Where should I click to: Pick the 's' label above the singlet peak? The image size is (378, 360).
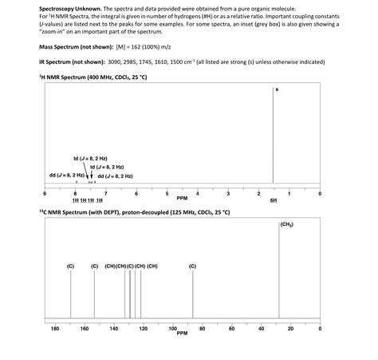(x=277, y=89)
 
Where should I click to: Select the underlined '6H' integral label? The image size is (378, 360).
(x=273, y=199)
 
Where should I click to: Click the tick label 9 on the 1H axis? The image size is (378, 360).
(x=45, y=193)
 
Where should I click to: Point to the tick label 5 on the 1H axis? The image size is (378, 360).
(x=167, y=193)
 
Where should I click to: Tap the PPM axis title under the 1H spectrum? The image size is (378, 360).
(x=182, y=198)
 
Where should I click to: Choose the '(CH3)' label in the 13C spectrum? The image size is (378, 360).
(x=287, y=226)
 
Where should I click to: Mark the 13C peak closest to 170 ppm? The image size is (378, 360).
(x=70, y=295)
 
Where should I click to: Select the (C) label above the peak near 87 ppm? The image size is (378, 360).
(x=192, y=265)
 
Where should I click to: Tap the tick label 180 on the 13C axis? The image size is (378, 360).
(x=55, y=328)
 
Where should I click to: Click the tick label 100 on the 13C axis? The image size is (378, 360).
(x=173, y=328)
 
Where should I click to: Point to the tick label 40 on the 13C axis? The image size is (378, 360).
(x=261, y=328)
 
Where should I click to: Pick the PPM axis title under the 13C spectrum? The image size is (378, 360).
(x=182, y=333)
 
